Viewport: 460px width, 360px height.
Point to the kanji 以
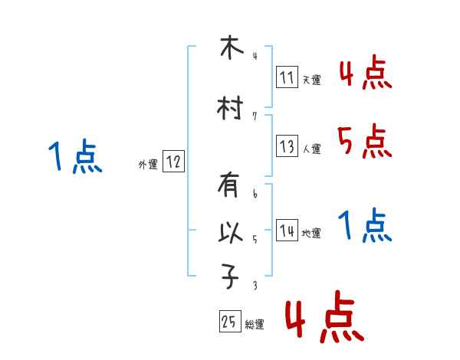coord(231,233)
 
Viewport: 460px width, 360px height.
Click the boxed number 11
coord(287,77)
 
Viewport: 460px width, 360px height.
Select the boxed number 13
coord(287,146)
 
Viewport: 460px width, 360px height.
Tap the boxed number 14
coord(287,231)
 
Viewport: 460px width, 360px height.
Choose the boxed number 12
coord(173,162)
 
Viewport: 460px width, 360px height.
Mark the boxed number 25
coord(228,322)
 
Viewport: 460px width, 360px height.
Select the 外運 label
coord(148,165)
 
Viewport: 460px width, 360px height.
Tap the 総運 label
coord(255,325)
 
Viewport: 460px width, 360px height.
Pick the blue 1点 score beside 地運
coord(365,227)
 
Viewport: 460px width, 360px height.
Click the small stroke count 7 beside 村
coord(255,116)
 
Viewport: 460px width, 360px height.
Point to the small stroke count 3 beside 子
coord(255,286)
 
